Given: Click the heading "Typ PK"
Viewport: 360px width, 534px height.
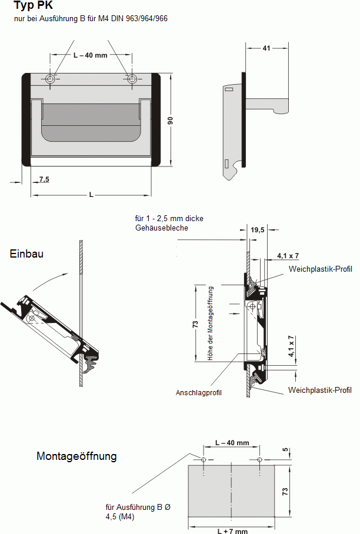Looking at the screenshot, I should pos(33,6).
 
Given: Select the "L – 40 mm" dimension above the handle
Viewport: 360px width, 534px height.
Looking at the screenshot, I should pos(90,55).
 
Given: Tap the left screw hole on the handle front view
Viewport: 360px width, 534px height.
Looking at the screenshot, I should pos(51,79).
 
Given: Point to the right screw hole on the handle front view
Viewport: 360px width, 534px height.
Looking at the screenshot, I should pos(132,79).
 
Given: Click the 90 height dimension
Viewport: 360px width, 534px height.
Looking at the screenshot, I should pos(170,121).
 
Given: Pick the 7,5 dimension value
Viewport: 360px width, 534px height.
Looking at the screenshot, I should pos(44,179).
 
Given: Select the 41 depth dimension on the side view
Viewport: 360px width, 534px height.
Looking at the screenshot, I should pos(266,49).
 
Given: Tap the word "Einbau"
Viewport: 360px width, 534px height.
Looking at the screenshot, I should pos(26,253).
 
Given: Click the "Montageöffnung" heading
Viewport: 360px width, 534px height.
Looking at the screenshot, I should pos(76,456).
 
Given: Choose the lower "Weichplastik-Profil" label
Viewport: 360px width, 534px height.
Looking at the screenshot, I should pos(320,390).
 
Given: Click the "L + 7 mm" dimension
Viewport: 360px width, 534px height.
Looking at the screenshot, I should pos(232,530).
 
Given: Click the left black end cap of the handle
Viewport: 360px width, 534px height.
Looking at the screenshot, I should pos(26,120).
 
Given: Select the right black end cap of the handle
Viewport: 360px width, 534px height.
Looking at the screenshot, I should pos(156,120).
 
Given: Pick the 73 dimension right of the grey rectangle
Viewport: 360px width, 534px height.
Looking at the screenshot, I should pos(286,491).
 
